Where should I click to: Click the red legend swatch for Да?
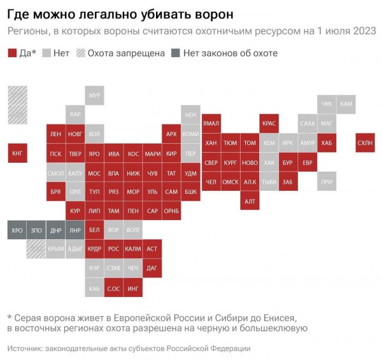(x=13, y=53)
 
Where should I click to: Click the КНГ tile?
(x=17, y=153)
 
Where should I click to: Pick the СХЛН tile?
(x=365, y=143)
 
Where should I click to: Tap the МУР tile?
(x=95, y=95)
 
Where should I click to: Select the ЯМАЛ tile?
(x=211, y=123)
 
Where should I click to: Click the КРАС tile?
(x=269, y=123)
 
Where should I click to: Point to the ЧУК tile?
(x=327, y=104)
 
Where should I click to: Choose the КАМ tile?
(x=346, y=104)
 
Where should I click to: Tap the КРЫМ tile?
(x=55, y=250)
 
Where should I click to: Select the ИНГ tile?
(x=133, y=289)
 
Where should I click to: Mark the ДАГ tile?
(x=152, y=269)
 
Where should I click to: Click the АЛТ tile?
(x=250, y=201)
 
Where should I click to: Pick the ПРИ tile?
(x=327, y=182)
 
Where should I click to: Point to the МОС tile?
(x=94, y=173)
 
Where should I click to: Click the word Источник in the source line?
(x=27, y=349)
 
